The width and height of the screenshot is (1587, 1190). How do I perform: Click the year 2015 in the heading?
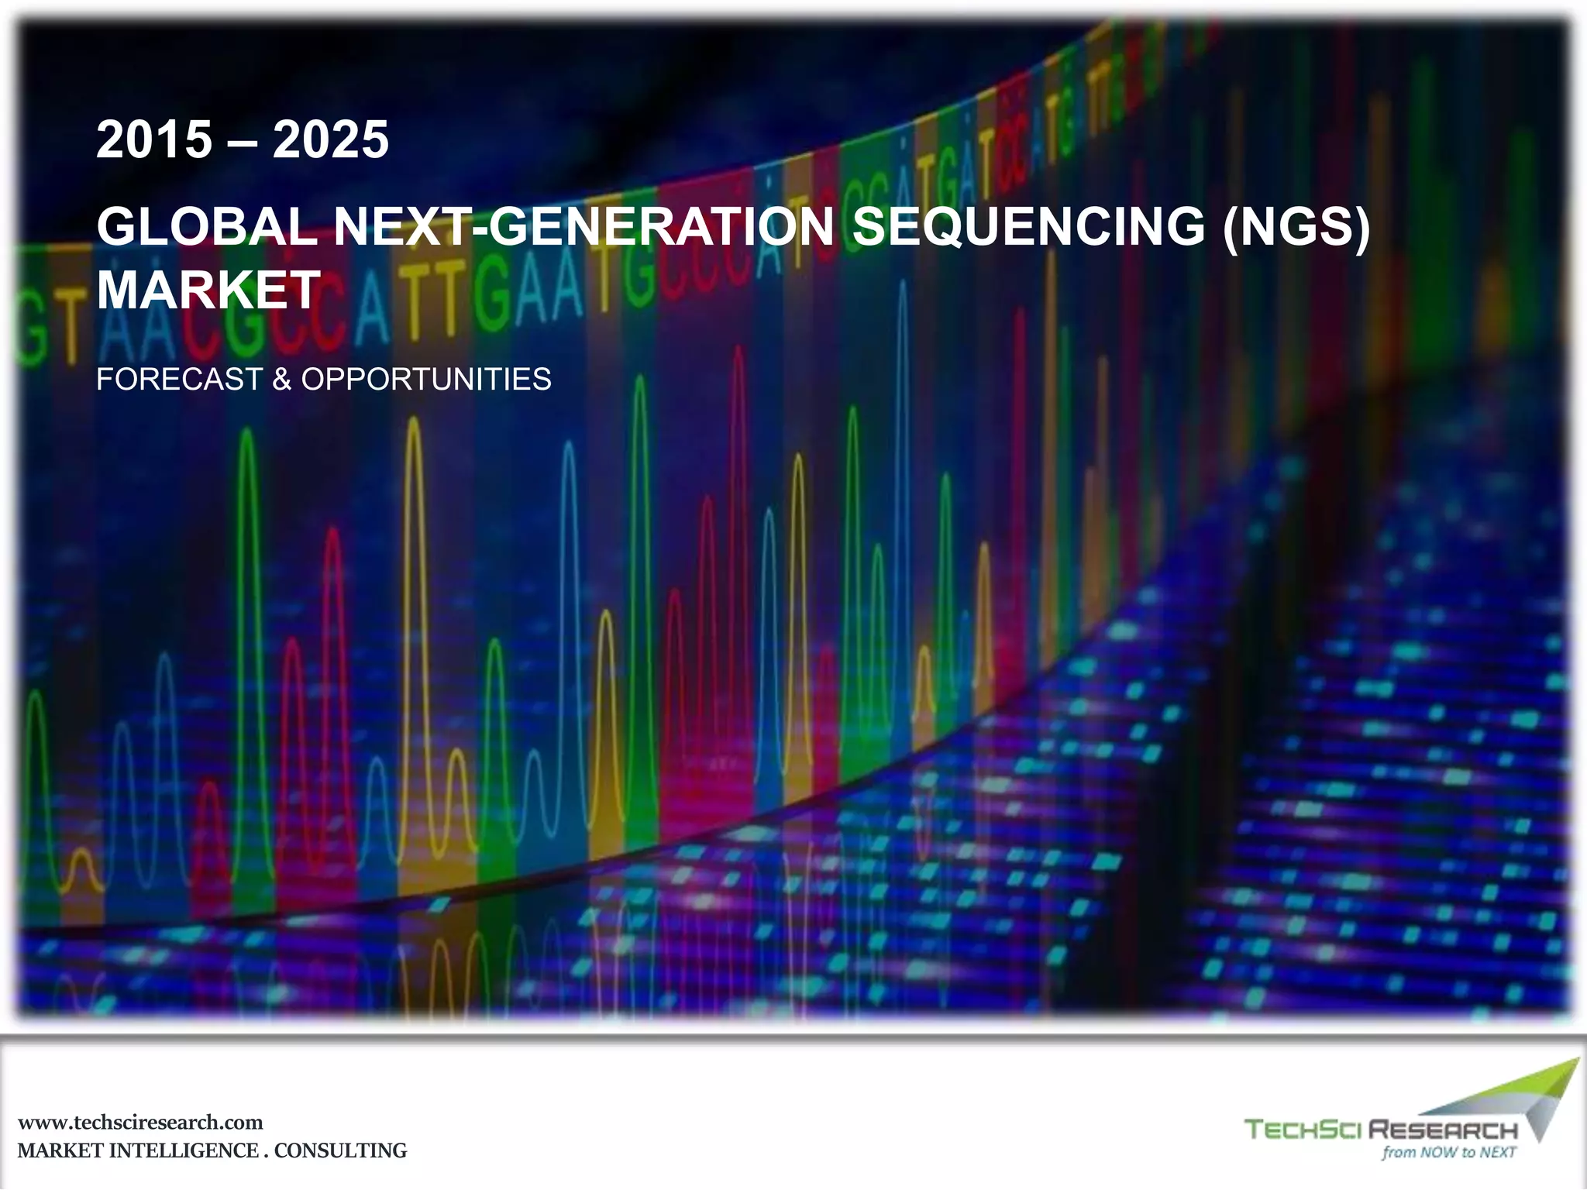pos(153,140)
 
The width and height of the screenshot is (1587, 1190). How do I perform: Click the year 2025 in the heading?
pos(331,140)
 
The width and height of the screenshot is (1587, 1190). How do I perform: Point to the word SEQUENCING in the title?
pos(1028,226)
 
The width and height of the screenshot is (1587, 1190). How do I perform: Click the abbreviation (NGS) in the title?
pos(1296,226)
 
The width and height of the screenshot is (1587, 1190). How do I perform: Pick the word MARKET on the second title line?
pos(208,291)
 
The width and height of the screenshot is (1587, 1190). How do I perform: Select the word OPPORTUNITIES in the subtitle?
pos(426,380)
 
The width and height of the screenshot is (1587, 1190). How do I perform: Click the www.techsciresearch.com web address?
pos(140,1123)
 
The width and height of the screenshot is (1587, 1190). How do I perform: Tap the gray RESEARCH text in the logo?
pos(1443,1130)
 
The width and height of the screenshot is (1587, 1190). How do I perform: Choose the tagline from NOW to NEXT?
pos(1448,1152)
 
